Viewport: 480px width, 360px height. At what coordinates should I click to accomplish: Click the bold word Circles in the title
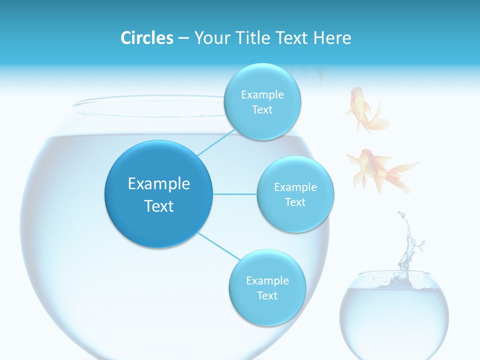(146, 38)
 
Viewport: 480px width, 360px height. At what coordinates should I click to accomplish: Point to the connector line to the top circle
(215, 143)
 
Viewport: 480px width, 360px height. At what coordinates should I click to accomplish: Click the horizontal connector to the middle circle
(235, 194)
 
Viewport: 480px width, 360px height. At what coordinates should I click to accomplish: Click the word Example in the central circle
(158, 184)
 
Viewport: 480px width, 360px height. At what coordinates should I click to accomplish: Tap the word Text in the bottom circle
(267, 295)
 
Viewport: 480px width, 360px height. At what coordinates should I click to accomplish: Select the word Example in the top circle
(262, 94)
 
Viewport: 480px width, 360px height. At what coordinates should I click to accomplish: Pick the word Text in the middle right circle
(295, 202)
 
